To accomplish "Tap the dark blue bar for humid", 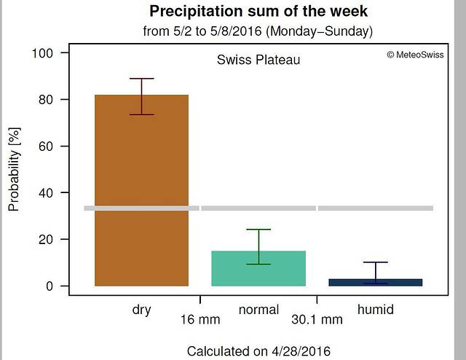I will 375,282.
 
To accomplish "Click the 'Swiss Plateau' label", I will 258,60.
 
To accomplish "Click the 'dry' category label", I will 141,310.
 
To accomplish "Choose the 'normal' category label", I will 258,310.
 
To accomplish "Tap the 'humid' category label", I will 375,310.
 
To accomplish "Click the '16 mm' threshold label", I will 200,319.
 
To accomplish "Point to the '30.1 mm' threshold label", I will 317,319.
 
